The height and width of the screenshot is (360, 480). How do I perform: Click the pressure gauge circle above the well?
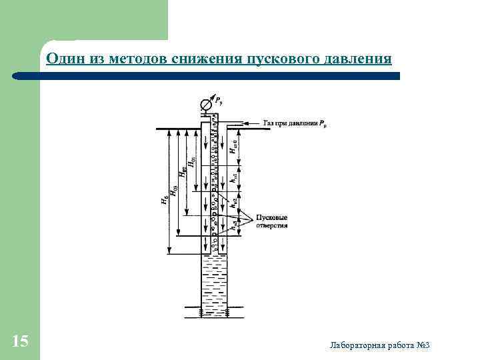[206, 105]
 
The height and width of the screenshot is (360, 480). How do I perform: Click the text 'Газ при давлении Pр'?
[294, 123]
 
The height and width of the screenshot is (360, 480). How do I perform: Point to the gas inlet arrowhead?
[247, 123]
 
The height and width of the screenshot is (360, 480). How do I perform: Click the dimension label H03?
[175, 189]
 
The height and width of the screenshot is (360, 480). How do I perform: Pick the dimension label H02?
[183, 172]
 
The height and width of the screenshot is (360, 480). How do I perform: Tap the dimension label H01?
[193, 161]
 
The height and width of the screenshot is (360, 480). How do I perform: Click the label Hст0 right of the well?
[233, 147]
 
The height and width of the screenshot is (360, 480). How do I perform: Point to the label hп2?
[233, 205]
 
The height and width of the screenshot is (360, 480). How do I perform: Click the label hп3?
[233, 225]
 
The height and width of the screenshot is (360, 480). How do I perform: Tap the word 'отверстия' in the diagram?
[273, 226]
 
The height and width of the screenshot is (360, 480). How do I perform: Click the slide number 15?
[20, 342]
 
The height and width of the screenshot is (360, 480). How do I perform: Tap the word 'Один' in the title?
[63, 60]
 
